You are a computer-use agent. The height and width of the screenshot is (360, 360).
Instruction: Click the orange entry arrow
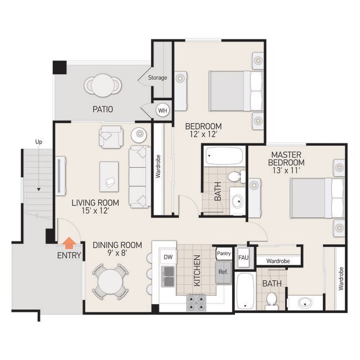[x=69, y=243]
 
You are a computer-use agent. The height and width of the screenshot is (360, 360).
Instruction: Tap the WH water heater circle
[x=162, y=110]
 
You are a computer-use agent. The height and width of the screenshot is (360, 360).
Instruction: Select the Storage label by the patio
[x=157, y=78]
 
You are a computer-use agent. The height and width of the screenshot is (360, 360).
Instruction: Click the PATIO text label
[x=103, y=109]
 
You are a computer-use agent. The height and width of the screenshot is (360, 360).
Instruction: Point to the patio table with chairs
[x=103, y=85]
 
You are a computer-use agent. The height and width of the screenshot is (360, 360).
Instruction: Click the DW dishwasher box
[x=168, y=257]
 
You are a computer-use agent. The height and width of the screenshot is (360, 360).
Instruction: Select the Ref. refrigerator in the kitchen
[x=223, y=272]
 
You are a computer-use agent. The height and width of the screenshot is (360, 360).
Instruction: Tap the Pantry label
[x=224, y=254]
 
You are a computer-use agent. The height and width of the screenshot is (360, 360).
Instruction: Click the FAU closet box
[x=243, y=257]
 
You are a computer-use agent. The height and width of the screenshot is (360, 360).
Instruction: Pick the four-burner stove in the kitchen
[x=196, y=302]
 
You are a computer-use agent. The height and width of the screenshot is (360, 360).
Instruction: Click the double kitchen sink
[x=168, y=276]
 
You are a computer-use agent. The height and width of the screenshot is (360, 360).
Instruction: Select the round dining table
[x=110, y=282]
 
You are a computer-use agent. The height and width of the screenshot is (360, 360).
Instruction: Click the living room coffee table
[x=109, y=176]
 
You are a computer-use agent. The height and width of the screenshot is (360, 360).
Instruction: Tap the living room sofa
[x=139, y=176]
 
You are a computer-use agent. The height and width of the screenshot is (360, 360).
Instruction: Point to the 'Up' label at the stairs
[x=39, y=142]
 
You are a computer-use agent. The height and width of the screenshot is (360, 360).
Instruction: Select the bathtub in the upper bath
[x=223, y=156]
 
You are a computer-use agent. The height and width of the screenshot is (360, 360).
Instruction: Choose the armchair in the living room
[x=111, y=136]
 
